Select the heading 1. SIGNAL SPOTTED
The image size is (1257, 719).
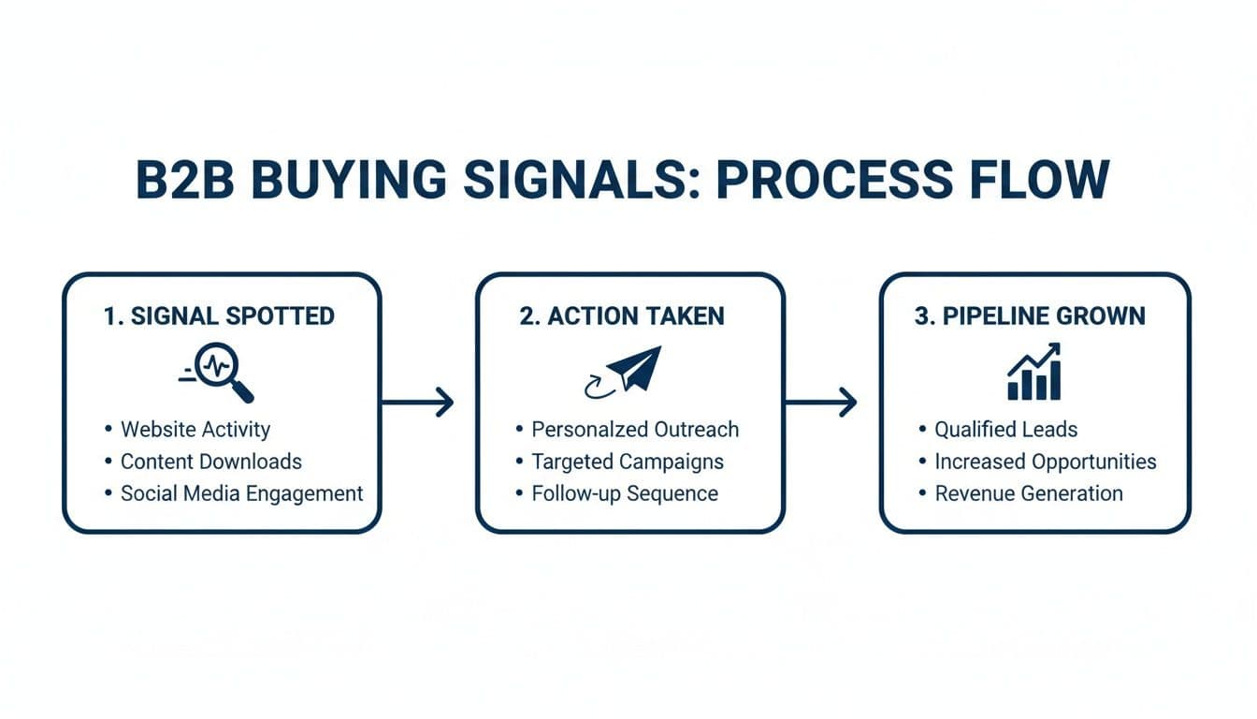tap(219, 315)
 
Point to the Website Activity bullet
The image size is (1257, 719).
tap(195, 430)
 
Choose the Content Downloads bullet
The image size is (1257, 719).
tap(210, 462)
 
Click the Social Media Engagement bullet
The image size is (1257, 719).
tap(241, 493)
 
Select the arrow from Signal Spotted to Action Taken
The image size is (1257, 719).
tap(417, 403)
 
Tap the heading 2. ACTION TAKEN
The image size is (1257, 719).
tap(621, 315)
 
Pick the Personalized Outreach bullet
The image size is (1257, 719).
tap(635, 430)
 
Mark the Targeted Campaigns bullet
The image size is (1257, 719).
tap(628, 462)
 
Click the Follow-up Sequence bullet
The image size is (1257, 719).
tap(625, 493)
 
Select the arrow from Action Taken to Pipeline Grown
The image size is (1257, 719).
tap(820, 403)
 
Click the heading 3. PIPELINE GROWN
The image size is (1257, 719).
tap(1029, 315)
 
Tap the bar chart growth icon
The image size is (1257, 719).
tap(1033, 372)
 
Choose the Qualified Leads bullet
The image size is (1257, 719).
tap(1005, 430)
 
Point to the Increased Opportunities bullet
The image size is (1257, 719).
tap(1045, 462)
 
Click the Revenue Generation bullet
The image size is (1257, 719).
tap(1029, 493)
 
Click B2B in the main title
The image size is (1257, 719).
tap(188, 179)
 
